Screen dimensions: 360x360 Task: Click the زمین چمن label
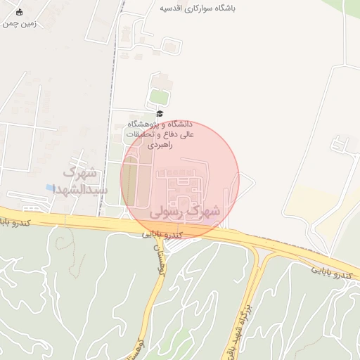pos(19,23)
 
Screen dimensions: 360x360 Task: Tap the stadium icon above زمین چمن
pos(19,12)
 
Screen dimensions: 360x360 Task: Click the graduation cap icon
pos(160,113)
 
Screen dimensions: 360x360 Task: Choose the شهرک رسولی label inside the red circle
pos(186,210)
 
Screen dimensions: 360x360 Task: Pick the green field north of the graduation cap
pos(160,96)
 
